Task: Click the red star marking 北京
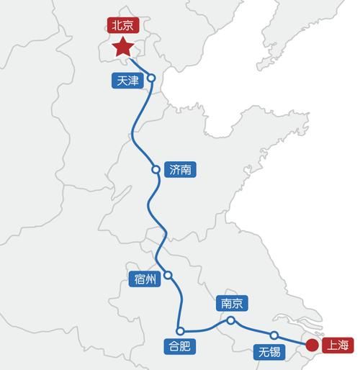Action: (123, 48)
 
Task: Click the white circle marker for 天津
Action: (152, 78)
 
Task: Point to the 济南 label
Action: (180, 170)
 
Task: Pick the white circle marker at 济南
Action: (156, 170)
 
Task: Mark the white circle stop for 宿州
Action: (168, 275)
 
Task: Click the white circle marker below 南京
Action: (230, 320)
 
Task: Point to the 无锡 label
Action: (269, 351)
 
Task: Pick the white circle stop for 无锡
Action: (274, 335)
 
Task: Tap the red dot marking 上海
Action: (311, 345)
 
